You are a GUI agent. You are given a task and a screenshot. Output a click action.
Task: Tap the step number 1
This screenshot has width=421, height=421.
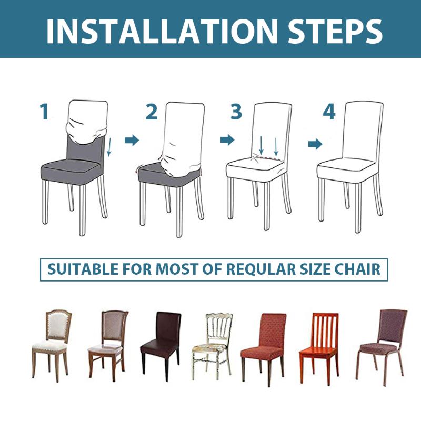(x=45, y=112)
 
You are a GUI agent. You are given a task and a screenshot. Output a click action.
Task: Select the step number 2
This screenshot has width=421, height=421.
(x=152, y=112)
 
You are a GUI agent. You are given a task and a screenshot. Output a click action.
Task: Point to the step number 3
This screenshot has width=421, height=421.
(x=236, y=112)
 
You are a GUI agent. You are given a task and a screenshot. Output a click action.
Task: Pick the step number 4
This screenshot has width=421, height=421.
(x=329, y=112)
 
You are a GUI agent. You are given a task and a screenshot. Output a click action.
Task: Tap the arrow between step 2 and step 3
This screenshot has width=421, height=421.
(x=227, y=140)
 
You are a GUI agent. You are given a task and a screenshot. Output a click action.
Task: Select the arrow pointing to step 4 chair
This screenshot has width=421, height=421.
(x=315, y=144)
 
